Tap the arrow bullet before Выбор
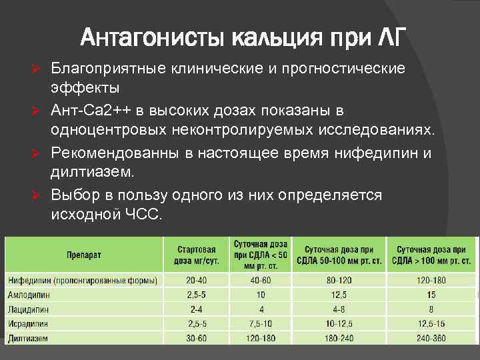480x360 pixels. coord(39,195)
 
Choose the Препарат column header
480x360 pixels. coord(83,255)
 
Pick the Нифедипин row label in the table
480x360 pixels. coord(83,280)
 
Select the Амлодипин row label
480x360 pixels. coord(27,295)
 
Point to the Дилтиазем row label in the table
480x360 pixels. coord(27,338)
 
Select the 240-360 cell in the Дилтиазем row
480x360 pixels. coord(431,338)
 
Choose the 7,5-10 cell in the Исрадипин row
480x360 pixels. coord(261,324)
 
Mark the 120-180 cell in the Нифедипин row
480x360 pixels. coord(431,280)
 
